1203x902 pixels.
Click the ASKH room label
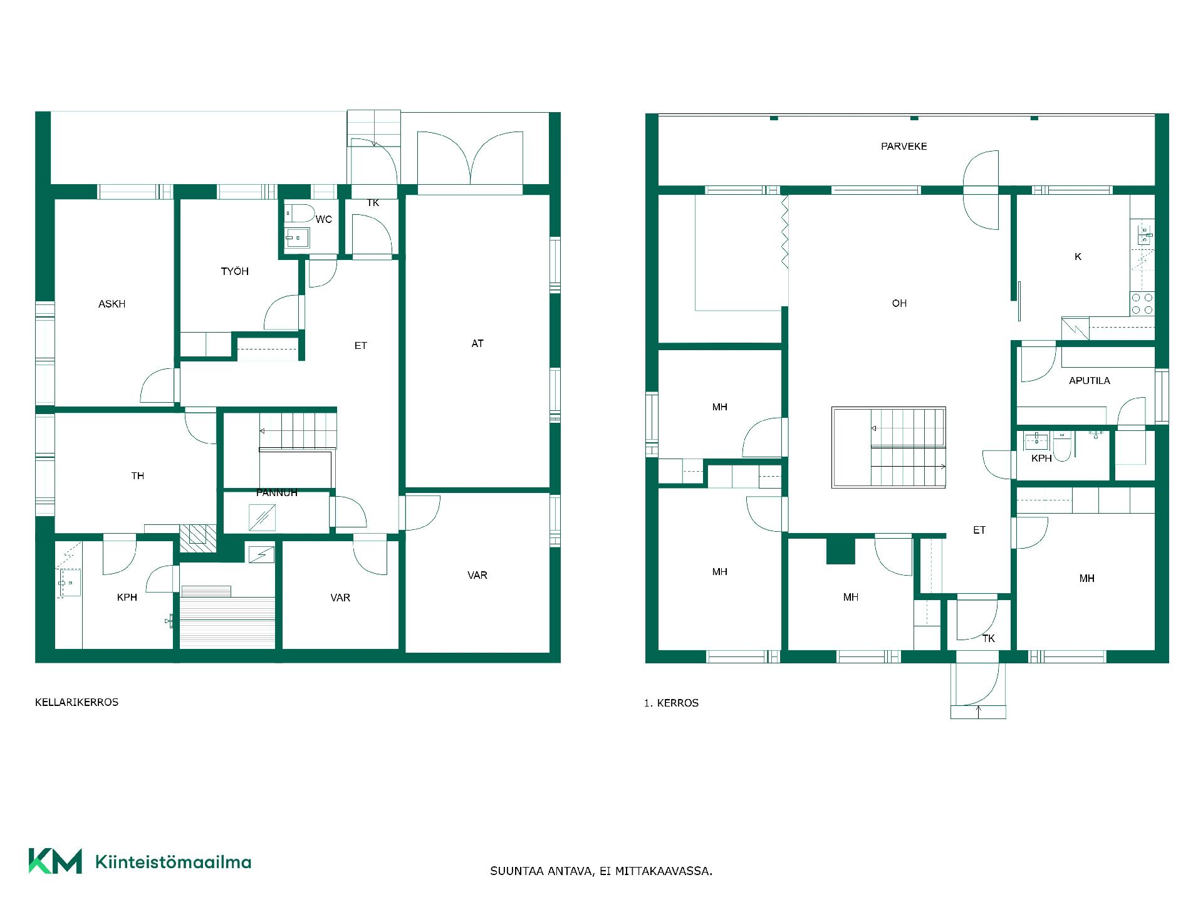pyautogui.click(x=112, y=304)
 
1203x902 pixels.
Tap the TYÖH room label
pyautogui.click(x=235, y=271)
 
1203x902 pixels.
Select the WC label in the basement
pyautogui.click(x=324, y=219)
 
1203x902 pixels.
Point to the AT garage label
pyautogui.click(x=477, y=343)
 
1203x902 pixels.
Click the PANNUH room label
pyautogui.click(x=277, y=493)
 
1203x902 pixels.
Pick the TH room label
pyautogui.click(x=138, y=476)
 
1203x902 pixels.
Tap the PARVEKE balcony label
pyautogui.click(x=904, y=146)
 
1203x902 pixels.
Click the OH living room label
pyautogui.click(x=899, y=303)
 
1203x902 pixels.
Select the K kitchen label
pyautogui.click(x=1078, y=257)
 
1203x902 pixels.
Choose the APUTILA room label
pyautogui.click(x=1090, y=380)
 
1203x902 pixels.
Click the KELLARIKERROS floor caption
pyautogui.click(x=76, y=702)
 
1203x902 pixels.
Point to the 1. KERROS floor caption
pyautogui.click(x=671, y=703)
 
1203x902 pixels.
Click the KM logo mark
pyautogui.click(x=55, y=861)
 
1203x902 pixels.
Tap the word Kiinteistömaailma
pyautogui.click(x=174, y=862)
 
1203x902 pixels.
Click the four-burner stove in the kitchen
pyautogui.click(x=1142, y=304)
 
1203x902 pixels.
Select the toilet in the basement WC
pyautogui.click(x=300, y=213)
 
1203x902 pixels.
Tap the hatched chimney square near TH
pyautogui.click(x=198, y=538)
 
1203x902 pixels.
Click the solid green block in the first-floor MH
pyautogui.click(x=841, y=551)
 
